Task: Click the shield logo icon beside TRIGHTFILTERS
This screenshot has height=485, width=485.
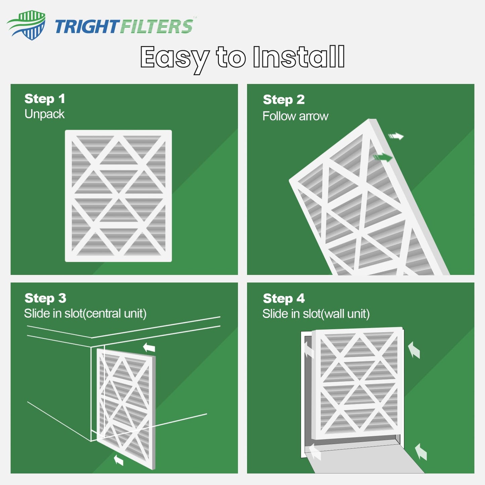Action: [x=27, y=25]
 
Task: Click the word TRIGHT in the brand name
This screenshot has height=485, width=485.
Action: [x=87, y=27]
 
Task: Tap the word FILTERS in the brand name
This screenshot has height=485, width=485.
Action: [x=156, y=27]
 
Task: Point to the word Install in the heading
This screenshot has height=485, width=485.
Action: [x=298, y=57]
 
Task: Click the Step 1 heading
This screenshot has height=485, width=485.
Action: [x=45, y=99]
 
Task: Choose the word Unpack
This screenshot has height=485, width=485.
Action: [x=44, y=114]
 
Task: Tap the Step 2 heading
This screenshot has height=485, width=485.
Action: [x=284, y=99]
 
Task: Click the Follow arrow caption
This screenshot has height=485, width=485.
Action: [x=295, y=116]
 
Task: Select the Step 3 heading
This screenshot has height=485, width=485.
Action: [x=45, y=298]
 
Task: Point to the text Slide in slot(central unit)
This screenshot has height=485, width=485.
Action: [x=85, y=313]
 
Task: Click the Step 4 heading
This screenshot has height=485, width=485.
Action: [x=284, y=298]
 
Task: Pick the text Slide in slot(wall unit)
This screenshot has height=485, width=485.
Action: [x=316, y=314]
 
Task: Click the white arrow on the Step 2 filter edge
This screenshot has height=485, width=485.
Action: [x=396, y=136]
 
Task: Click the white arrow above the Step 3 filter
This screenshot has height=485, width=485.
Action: [x=149, y=347]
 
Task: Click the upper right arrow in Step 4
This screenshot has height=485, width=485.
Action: [x=414, y=350]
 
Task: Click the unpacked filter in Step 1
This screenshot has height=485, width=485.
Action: [x=118, y=196]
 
